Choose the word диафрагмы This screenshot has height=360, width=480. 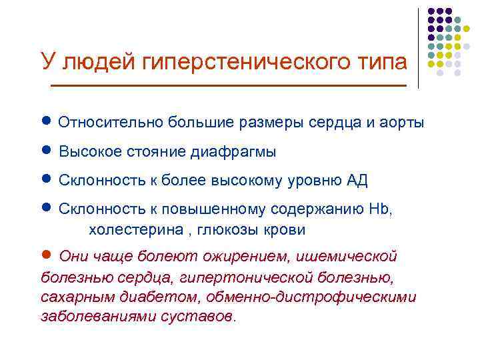tap(234, 152)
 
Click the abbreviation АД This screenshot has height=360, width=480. tap(357, 181)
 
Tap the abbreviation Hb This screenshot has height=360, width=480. tap(381, 209)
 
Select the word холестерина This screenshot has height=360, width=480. tap(129, 230)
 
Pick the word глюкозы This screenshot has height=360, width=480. tap(217, 230)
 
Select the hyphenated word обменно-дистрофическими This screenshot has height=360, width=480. tap(311, 296)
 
